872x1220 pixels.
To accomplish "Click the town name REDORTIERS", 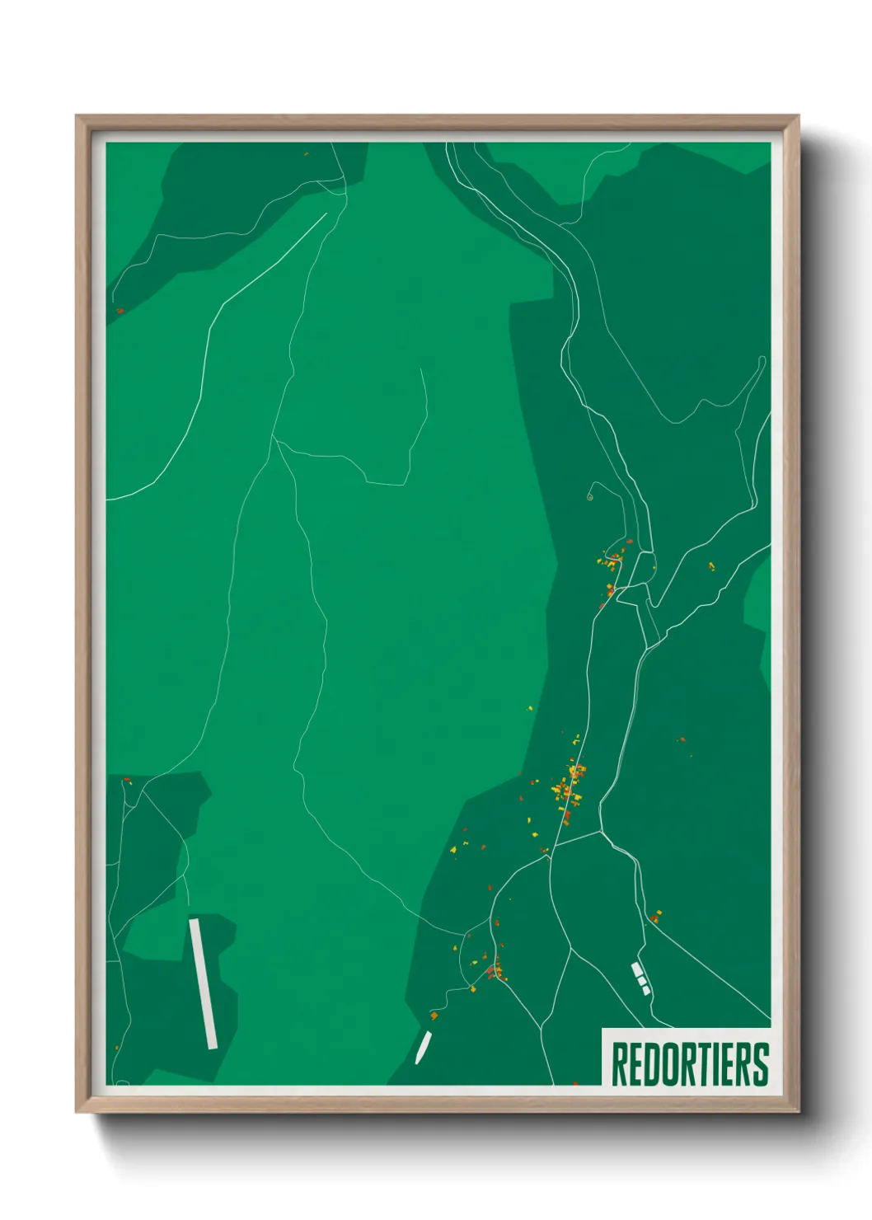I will [x=690, y=1063].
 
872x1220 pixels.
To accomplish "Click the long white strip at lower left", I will [x=203, y=983].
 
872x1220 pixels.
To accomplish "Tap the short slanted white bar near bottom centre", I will [x=423, y=1047].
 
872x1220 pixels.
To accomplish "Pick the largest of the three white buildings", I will [x=636, y=969].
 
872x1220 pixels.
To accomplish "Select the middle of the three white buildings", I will [x=641, y=980].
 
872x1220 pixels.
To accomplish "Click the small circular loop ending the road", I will [x=590, y=497].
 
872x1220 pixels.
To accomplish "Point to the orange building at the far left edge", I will [x=120, y=311].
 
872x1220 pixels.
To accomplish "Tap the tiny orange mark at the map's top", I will [x=306, y=153].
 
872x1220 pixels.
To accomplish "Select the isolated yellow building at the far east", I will [x=711, y=566].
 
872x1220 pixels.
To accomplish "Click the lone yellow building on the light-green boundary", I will [x=530, y=707].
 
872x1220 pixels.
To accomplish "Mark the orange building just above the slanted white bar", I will [x=434, y=1016].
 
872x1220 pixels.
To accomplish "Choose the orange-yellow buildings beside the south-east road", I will [x=656, y=916].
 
